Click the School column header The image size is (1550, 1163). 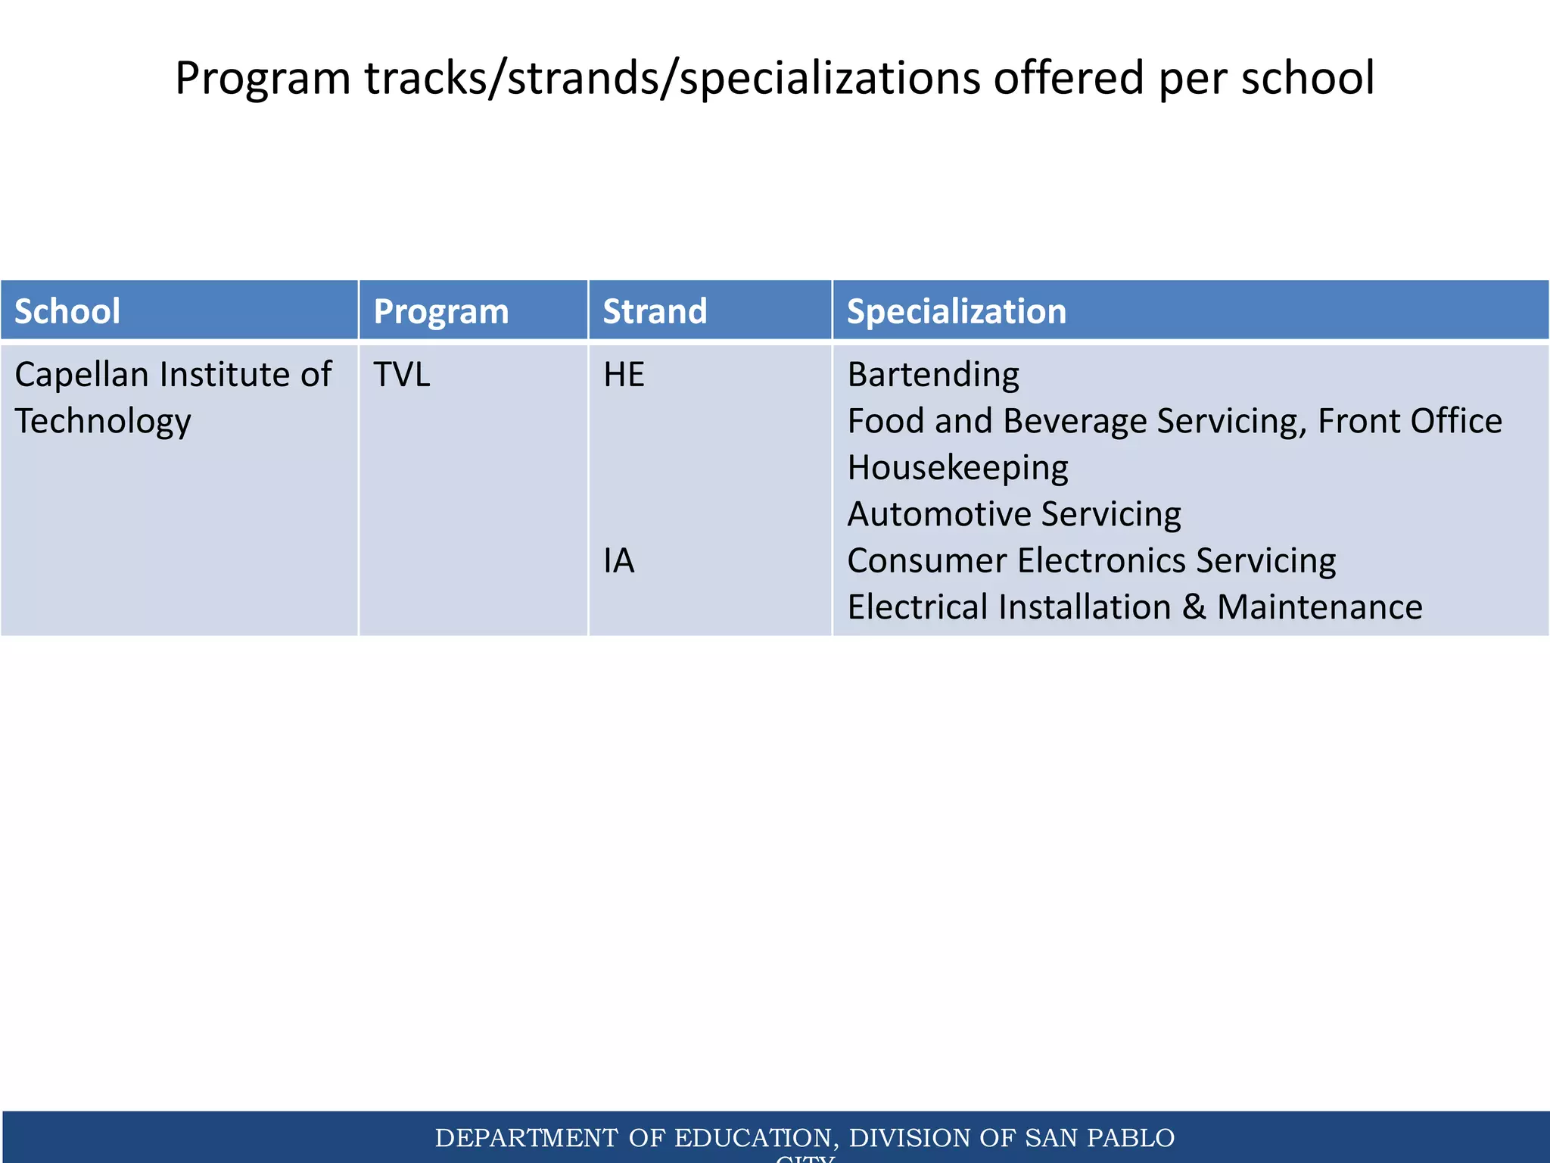(x=67, y=311)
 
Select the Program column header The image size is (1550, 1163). (x=441, y=311)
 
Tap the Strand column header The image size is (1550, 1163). (x=655, y=311)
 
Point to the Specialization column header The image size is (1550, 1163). (x=956, y=311)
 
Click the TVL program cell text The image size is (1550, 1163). (x=402, y=375)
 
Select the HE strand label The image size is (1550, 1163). (x=624, y=375)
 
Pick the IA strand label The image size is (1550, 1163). (x=618, y=561)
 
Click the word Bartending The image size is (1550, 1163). (x=932, y=375)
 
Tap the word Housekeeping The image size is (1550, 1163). (x=957, y=468)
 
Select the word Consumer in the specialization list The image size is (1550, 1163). (x=926, y=561)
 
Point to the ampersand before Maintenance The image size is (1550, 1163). (x=1194, y=607)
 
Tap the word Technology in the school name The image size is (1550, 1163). (x=103, y=422)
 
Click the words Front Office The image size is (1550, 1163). (x=1409, y=421)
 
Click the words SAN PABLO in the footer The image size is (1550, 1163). (x=1099, y=1137)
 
